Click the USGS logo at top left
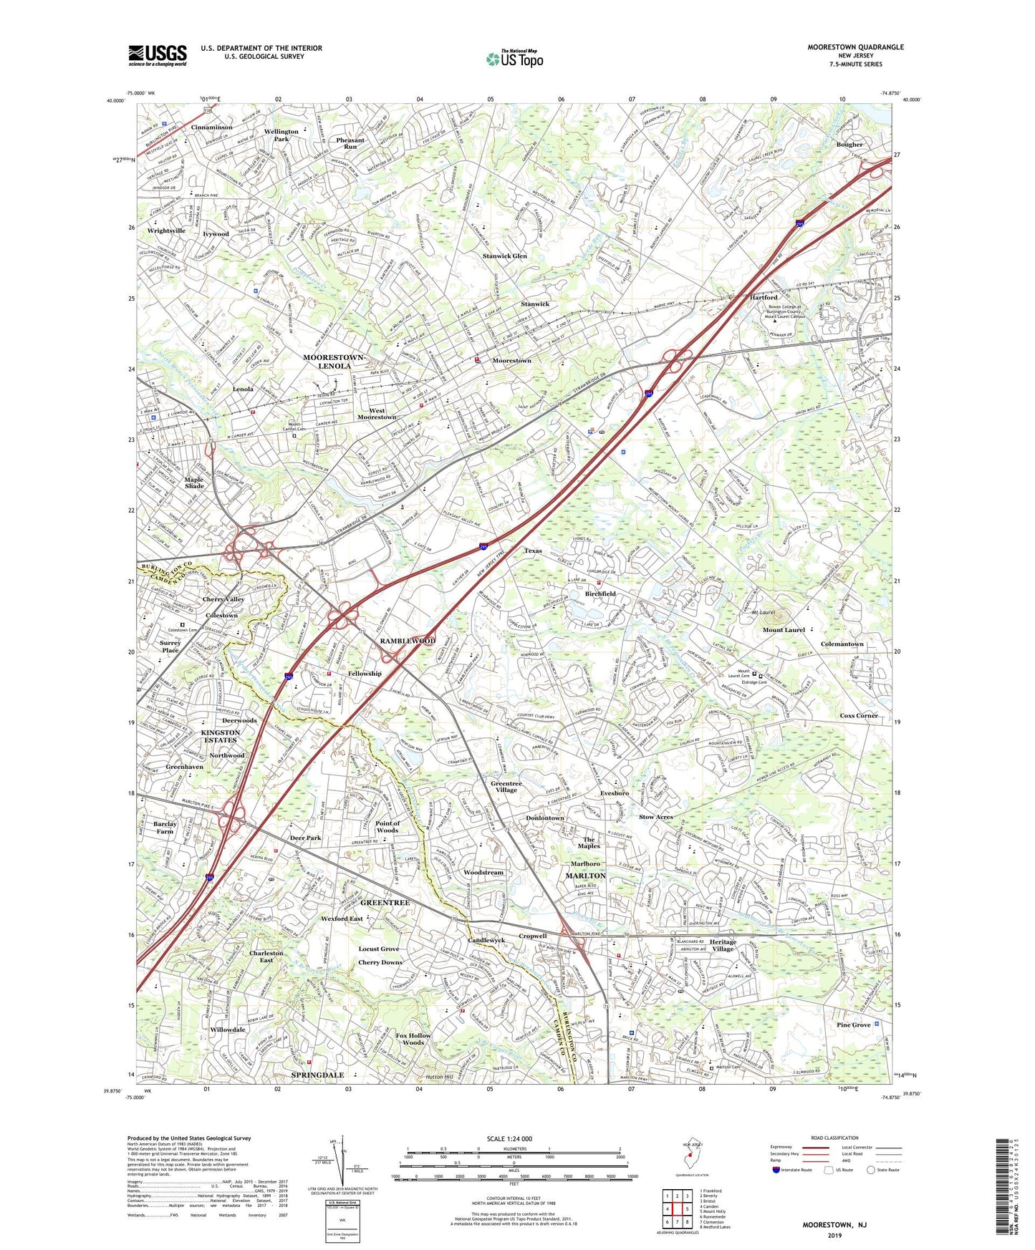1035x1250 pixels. [x=158, y=54]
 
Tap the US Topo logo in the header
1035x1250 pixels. [x=514, y=59]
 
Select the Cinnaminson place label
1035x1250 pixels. [x=211, y=127]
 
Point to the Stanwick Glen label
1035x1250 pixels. [x=504, y=256]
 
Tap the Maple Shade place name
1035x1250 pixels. [x=194, y=483]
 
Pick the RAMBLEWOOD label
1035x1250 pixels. [x=407, y=641]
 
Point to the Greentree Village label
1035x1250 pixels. [x=506, y=787]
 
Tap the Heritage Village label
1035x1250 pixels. [x=722, y=945]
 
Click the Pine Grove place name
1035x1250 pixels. [x=854, y=1025]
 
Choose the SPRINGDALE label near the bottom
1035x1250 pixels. [x=317, y=1075]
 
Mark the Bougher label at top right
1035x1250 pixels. [x=849, y=145]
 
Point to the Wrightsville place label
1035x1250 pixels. [x=166, y=231]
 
